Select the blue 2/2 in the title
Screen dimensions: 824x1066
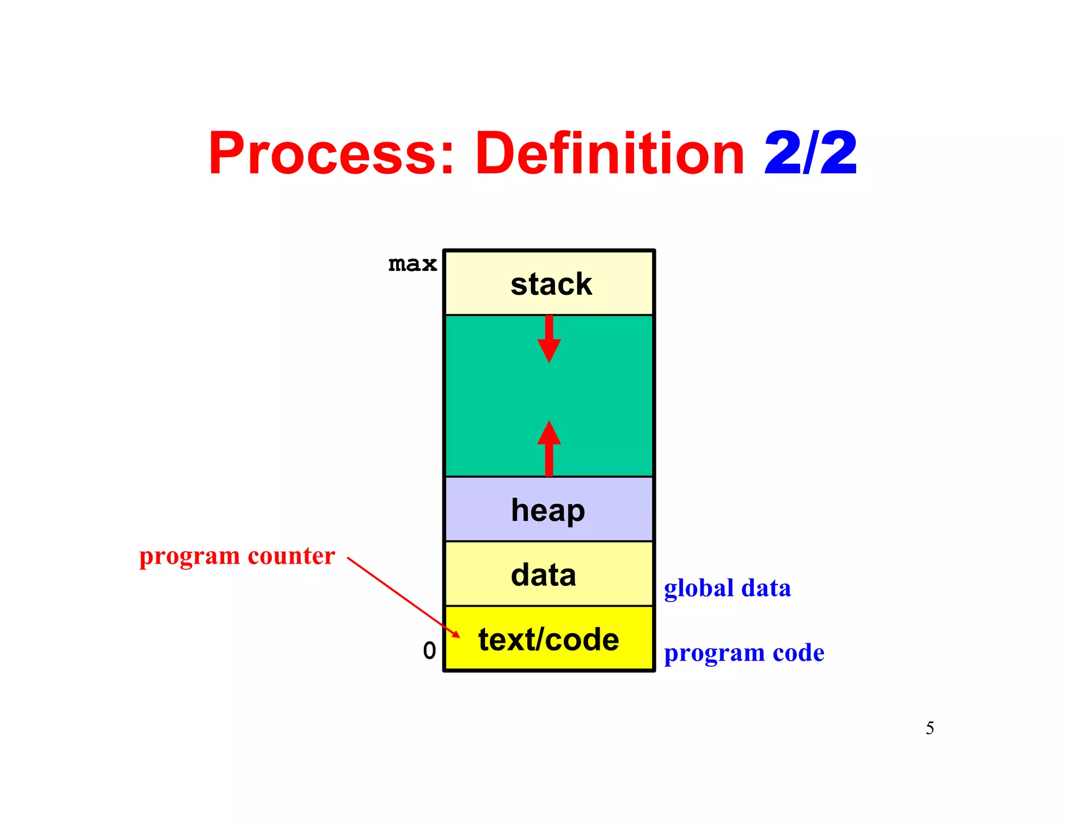tap(810, 153)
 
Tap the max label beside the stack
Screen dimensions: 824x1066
tap(412, 264)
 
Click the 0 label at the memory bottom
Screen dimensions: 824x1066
tap(429, 651)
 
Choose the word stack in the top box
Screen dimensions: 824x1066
tap(551, 284)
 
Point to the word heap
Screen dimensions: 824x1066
tap(548, 510)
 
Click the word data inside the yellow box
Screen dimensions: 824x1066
tap(543, 575)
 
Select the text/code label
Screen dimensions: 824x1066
tap(549, 640)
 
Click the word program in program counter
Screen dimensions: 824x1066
tap(189, 557)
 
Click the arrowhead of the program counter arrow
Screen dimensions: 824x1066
tap(456, 634)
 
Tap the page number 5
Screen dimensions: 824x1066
tap(930, 728)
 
